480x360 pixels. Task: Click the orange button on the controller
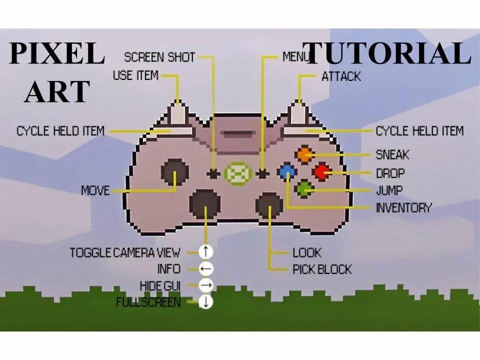click(x=304, y=154)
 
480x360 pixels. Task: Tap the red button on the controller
click(x=321, y=172)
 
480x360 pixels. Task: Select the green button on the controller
click(x=303, y=189)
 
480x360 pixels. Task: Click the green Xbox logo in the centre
click(x=237, y=173)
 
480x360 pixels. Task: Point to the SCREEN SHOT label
click(x=159, y=57)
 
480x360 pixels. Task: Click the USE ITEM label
click(x=135, y=76)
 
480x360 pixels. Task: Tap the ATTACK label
click(x=341, y=76)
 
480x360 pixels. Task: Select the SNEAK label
click(x=392, y=155)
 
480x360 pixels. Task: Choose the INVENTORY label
click(x=403, y=207)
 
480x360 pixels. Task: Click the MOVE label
click(x=95, y=190)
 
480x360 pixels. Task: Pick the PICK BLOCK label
click(x=322, y=269)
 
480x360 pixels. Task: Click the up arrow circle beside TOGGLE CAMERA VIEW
click(x=205, y=251)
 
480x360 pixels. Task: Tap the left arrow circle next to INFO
click(x=205, y=269)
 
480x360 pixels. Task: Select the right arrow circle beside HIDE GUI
click(x=205, y=285)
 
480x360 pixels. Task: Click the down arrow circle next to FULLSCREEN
click(x=205, y=302)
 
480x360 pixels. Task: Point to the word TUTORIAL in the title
click(x=387, y=54)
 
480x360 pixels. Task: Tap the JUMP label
click(x=389, y=190)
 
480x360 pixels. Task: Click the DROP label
click(x=390, y=173)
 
